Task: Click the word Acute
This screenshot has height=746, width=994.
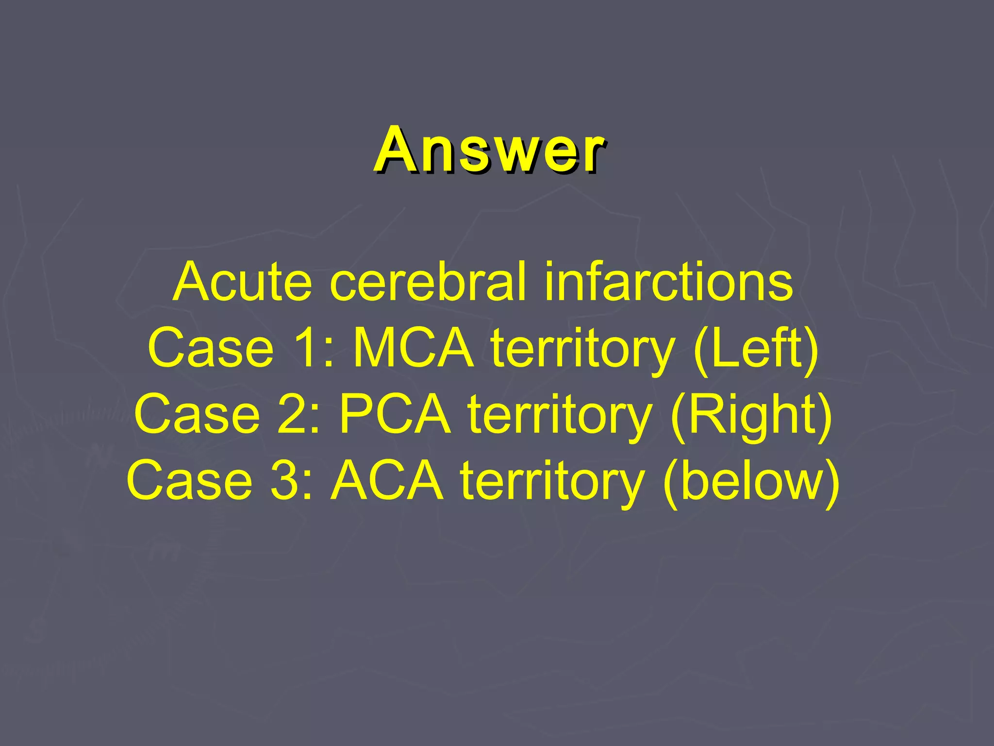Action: pos(242,282)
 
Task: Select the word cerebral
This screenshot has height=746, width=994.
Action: pos(428,282)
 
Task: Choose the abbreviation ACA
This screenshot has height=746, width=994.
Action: pos(387,481)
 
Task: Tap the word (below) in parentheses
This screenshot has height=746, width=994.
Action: pos(751,481)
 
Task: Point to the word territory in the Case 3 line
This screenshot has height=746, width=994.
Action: pos(553,481)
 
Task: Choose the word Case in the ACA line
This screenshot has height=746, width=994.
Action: pos(190,481)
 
